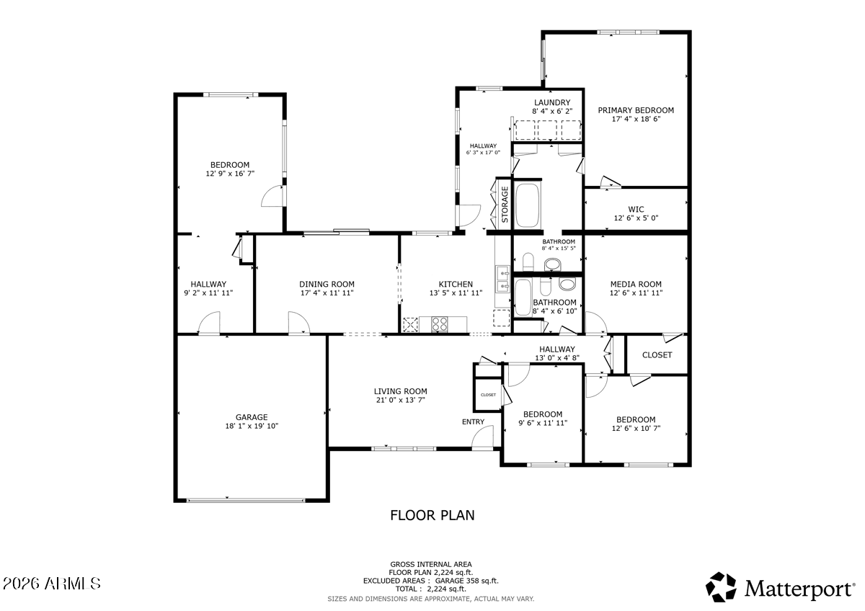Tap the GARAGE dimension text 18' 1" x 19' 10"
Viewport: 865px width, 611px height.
[252, 426]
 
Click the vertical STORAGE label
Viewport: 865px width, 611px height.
[505, 205]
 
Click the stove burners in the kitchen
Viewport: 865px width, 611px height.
[440, 324]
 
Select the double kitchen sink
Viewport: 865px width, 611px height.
[502, 279]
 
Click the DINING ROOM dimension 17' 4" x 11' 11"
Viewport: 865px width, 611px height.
[327, 293]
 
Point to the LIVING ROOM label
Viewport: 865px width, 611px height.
[401, 391]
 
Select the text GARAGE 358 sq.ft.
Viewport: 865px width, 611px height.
[467, 581]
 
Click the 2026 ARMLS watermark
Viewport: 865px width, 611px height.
[52, 584]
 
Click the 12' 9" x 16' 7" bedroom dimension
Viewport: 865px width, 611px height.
[230, 174]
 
